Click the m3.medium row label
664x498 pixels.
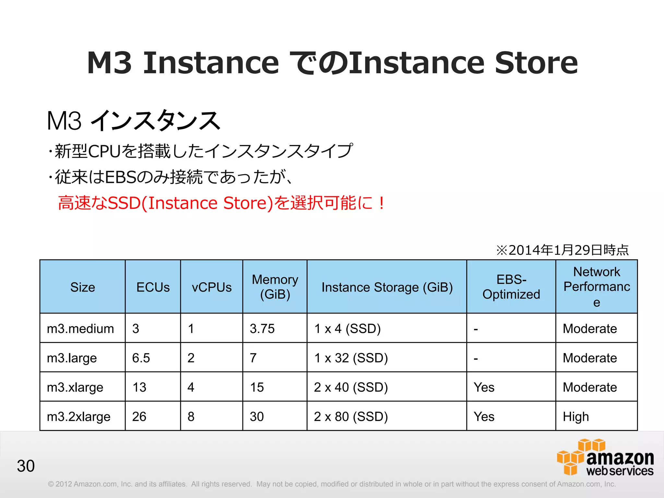tap(80, 329)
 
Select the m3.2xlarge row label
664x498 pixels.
tap(78, 417)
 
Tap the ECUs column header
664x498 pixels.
tap(153, 287)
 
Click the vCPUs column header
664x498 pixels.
tap(212, 287)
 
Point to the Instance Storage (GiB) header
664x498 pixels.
tap(387, 287)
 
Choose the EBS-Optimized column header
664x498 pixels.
tap(511, 287)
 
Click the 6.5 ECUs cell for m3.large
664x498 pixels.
tap(141, 358)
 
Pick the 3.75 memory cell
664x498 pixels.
tap(262, 329)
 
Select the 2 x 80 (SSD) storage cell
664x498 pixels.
tap(351, 417)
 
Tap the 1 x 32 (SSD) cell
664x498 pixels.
tap(351, 358)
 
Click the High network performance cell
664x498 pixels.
tap(576, 417)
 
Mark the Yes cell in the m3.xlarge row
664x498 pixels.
tap(484, 387)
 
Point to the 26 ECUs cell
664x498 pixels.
tap(139, 417)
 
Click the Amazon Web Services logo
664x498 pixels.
tap(605, 458)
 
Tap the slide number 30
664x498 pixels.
tap(26, 466)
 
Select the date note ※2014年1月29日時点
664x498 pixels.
tap(562, 250)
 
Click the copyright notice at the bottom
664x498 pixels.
tap(331, 484)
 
